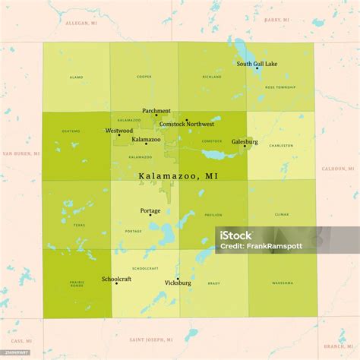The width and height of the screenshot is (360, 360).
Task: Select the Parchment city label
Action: pyautogui.click(x=156, y=111)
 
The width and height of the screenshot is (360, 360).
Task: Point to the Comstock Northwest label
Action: pyautogui.click(x=187, y=124)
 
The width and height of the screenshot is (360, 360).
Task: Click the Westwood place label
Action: pyautogui.click(x=119, y=131)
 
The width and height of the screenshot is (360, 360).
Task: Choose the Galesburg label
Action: pyautogui.click(x=245, y=142)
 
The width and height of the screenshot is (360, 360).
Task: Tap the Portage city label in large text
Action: pyautogui.click(x=150, y=210)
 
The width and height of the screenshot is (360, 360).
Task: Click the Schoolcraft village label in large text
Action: pyautogui.click(x=116, y=279)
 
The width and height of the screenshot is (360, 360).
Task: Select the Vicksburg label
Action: pyautogui.click(x=178, y=283)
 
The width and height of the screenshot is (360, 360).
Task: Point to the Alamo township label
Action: pyautogui.click(x=76, y=77)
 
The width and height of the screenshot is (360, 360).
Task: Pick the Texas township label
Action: pyautogui.click(x=80, y=225)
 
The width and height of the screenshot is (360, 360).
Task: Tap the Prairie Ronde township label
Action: pyautogui.click(x=77, y=284)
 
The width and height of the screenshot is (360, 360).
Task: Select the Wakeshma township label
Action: pyautogui.click(x=282, y=283)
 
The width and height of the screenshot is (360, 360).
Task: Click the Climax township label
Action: pyautogui.click(x=281, y=215)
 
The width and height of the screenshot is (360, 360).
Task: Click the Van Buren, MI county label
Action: pyautogui.click(x=21, y=153)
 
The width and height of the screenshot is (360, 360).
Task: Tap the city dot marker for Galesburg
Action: pyautogui.click(x=245, y=147)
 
